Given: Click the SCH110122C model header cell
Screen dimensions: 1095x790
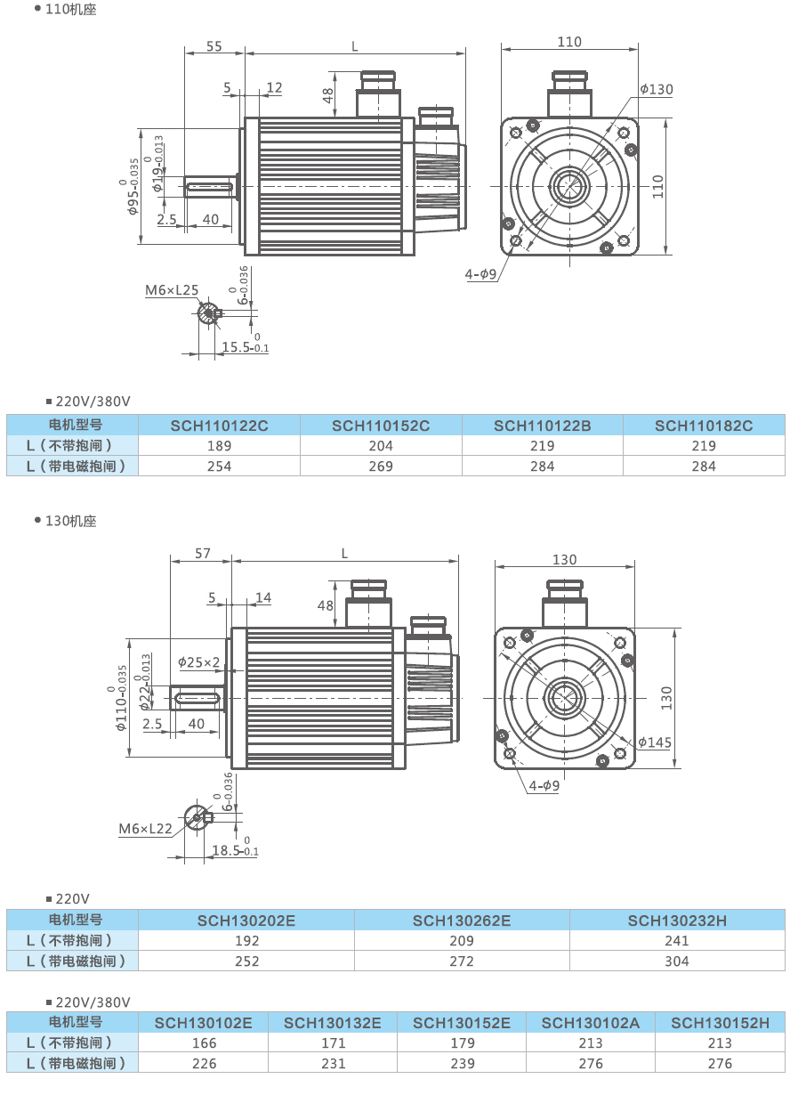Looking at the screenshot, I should coord(219,426).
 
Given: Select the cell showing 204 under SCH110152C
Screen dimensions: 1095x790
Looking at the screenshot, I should coord(381,446).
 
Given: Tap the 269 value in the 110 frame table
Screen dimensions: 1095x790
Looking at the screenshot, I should coord(381,466).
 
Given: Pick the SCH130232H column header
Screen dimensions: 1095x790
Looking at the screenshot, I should coord(677,921).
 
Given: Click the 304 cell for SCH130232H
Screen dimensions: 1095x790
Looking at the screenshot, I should coord(677,961).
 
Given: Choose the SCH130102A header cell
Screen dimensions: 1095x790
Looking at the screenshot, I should coord(591,1023).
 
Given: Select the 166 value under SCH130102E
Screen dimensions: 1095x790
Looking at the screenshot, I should coord(204,1043).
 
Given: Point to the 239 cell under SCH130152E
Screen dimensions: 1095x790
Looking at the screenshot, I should coord(462,1064).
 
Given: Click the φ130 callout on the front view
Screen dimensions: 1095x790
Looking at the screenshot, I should coord(657,89).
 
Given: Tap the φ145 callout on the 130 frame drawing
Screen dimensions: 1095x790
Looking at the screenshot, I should coord(654,742).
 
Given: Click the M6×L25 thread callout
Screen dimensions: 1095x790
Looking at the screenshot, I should coord(173,290).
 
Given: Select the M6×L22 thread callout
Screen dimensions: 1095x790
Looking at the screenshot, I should coord(145,829).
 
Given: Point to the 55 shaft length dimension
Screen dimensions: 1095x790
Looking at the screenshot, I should coord(214,46).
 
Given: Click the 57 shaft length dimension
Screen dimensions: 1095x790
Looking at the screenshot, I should coord(202,554).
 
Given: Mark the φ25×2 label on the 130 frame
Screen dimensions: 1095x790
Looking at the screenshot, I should coord(198,662).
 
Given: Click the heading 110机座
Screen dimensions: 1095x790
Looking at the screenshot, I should coord(70,10).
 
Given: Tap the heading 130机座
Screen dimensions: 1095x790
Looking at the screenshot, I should coord(70,521).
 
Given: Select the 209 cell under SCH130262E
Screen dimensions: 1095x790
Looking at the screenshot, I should coord(462,941).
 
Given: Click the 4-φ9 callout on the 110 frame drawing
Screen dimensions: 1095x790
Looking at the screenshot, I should coord(480,274).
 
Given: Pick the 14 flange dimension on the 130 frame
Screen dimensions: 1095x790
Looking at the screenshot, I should coord(263,597).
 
